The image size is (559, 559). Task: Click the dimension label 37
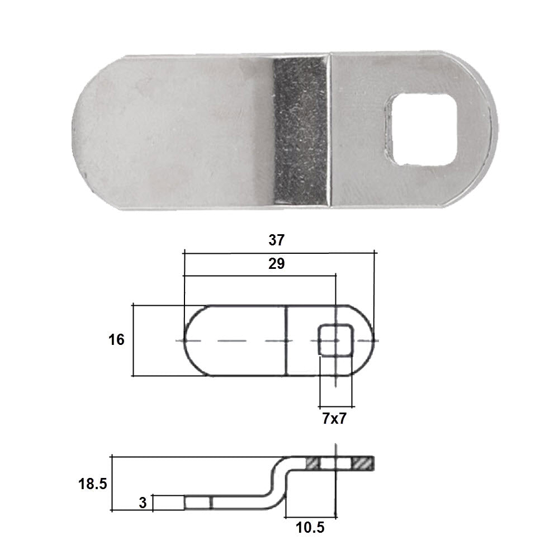tap(277, 240)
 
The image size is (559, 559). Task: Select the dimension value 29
tap(277, 264)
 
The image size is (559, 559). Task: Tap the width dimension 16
tap(117, 340)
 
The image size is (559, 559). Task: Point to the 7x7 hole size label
tap(334, 418)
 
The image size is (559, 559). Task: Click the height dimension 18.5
tap(93, 484)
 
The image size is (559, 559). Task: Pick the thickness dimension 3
tap(143, 503)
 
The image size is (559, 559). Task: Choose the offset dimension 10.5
tap(310, 528)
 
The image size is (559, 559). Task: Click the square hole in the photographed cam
tap(421, 130)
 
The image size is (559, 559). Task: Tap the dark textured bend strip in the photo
tap(301, 131)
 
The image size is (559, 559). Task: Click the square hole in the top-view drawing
tap(336, 340)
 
